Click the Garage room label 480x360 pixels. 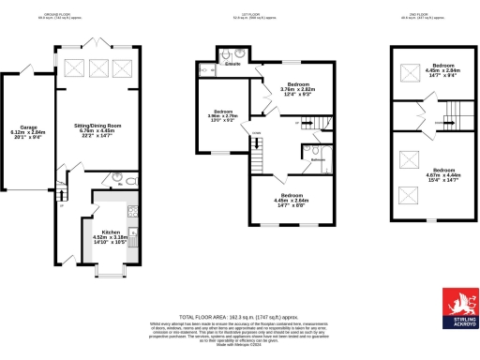(x=22, y=129)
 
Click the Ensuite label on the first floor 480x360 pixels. (x=234, y=65)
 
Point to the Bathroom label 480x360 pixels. (x=318, y=160)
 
